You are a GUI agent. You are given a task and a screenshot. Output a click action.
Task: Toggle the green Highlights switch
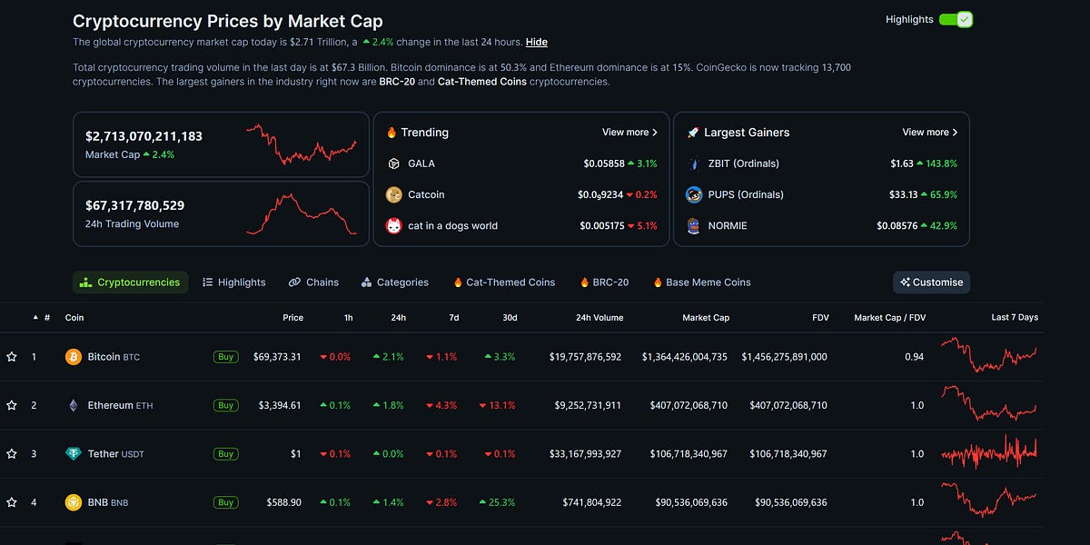point(956,19)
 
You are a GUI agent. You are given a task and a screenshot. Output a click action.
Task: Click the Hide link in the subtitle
point(536,42)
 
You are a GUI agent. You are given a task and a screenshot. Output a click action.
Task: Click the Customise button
point(931,282)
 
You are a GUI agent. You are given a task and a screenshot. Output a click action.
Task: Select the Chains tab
point(313,282)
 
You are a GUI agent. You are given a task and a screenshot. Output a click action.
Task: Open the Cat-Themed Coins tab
point(504,282)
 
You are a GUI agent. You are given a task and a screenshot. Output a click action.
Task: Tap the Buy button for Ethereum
point(226,405)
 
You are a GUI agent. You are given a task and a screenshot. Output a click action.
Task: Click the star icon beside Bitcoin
point(12,357)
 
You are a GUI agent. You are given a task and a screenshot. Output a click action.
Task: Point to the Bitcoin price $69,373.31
point(277,357)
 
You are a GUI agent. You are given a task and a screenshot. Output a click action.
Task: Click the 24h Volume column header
point(599,318)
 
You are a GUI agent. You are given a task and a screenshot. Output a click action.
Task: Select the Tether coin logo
point(74,453)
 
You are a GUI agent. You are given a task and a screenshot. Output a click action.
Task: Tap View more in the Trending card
point(629,133)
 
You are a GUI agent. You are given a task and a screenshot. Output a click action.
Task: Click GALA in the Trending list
point(421,163)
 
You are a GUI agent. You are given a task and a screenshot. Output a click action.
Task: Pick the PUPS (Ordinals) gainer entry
point(745,194)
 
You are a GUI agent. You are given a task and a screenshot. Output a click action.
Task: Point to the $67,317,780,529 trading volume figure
point(134,206)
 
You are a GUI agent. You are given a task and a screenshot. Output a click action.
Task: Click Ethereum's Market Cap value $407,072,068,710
point(688,405)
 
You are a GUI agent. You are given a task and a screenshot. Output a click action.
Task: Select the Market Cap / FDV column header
point(889,318)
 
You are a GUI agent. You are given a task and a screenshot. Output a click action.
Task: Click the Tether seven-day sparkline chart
point(988,452)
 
